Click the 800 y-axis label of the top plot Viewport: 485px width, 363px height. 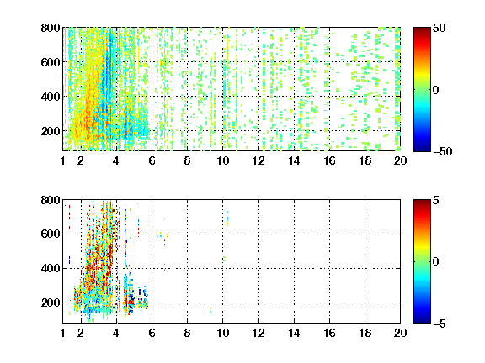(51, 28)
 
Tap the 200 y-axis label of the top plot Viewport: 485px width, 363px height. (51, 131)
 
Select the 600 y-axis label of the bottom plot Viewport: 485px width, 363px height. (51, 234)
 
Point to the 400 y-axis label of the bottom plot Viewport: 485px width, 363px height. (51, 268)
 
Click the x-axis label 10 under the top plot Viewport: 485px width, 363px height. (222, 160)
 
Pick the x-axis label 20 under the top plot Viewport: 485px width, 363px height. (400, 160)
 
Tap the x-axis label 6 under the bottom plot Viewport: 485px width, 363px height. (152, 333)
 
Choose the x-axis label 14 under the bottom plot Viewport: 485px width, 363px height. (294, 333)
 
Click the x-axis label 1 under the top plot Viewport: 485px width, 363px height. (63, 160)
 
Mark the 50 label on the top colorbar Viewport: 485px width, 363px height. (439, 28)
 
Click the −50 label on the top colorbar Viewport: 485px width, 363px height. (443, 151)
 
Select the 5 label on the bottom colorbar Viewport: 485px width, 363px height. (435, 200)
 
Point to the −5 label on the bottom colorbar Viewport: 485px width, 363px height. (440, 324)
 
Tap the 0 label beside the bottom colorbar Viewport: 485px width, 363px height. (435, 262)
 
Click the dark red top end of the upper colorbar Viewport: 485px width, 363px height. (422, 29)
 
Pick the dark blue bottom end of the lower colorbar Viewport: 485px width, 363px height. (422, 321)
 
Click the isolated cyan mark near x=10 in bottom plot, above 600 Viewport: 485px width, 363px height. (227, 218)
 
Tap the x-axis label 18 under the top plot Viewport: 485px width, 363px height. (365, 160)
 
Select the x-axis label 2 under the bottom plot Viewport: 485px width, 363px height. (81, 333)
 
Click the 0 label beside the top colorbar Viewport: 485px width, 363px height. (435, 90)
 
